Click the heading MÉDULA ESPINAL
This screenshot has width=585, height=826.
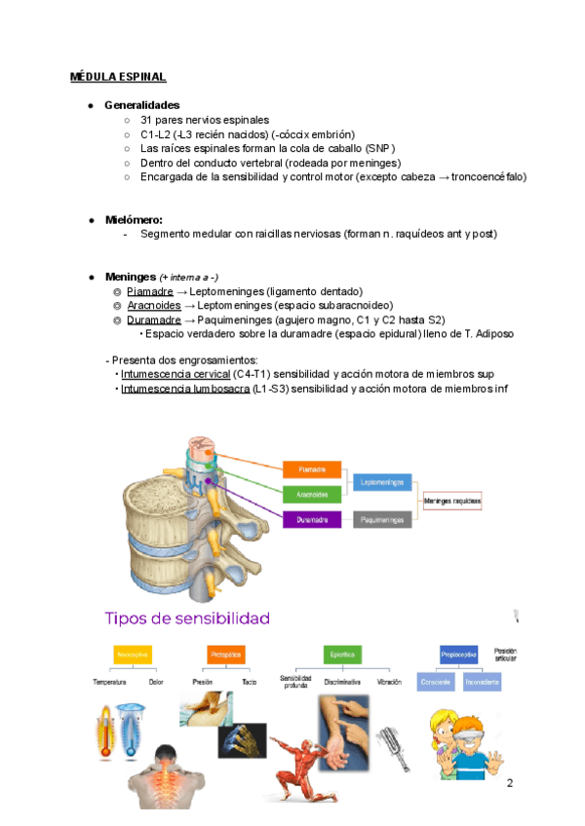coord(118,76)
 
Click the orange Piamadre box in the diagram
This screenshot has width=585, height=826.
coord(312,469)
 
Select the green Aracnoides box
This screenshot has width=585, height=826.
coord(312,495)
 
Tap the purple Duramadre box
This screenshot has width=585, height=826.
coord(312,520)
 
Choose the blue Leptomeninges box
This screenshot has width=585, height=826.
coord(381,482)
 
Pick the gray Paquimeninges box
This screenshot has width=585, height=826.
coord(381,520)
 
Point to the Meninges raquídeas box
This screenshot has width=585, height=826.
coord(453,502)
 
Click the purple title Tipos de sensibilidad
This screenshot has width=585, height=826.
coord(187,618)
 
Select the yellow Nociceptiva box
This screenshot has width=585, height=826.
coord(132,654)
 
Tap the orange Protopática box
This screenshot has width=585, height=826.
coord(225,654)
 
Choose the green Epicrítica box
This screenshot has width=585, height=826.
coord(342,654)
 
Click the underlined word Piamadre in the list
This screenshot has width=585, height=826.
coord(149,291)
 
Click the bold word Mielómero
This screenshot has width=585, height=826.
coord(134,220)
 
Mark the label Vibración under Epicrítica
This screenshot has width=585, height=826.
coord(389,682)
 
